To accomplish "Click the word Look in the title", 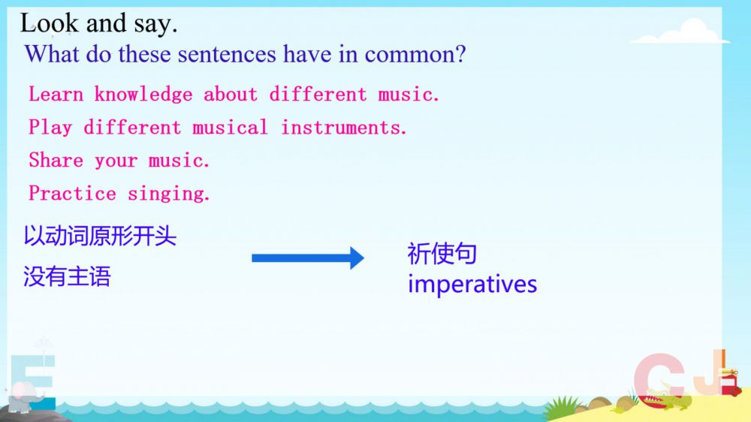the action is (x=50, y=23).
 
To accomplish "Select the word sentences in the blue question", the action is (x=227, y=54).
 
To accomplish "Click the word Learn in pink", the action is (x=56, y=94).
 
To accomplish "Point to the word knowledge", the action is (x=143, y=95).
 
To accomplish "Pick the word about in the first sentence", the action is (x=231, y=94).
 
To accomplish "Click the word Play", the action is (x=50, y=128).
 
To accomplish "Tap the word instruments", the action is (x=343, y=128).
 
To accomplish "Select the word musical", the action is (x=230, y=128).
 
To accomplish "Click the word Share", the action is (x=56, y=160).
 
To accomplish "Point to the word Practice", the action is (x=72, y=194).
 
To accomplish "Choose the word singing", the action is (x=168, y=194).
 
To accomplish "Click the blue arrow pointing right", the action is (x=307, y=258).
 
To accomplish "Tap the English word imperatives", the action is (x=472, y=284).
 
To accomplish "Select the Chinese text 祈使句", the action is (x=442, y=253).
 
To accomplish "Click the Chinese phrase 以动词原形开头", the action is (x=100, y=236).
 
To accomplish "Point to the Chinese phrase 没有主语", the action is (x=67, y=276).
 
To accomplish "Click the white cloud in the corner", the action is (x=680, y=32).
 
